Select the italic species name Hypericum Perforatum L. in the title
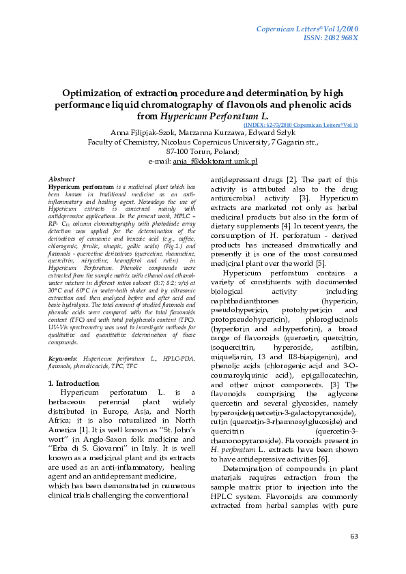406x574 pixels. [206, 116]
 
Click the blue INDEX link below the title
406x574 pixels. [300, 125]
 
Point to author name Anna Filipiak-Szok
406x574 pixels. [139, 132]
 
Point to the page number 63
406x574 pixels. [353, 537]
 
